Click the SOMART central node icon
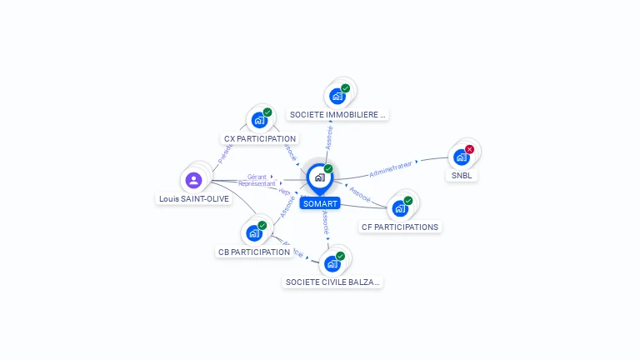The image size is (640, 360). (x=318, y=177)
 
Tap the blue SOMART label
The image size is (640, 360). (x=320, y=203)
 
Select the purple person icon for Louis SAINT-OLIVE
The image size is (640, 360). (x=194, y=179)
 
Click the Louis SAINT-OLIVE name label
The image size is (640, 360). (x=194, y=199)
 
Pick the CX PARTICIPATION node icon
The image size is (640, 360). (x=258, y=119)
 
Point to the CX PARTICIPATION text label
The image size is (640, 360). (x=260, y=138)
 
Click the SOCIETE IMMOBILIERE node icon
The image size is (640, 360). (x=337, y=95)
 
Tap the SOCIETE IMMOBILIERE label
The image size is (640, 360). (x=337, y=114)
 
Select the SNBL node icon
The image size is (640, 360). (x=461, y=157)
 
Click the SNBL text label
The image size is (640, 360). (x=461, y=176)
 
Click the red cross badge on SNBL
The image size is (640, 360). (x=469, y=149)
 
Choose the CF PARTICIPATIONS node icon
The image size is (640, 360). (x=400, y=207)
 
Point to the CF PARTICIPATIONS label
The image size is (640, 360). (x=400, y=227)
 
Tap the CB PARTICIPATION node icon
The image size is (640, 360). (x=253, y=232)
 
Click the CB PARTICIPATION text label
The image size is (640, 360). (x=254, y=252)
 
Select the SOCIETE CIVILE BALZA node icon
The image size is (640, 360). (x=332, y=263)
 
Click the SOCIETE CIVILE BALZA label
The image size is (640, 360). (x=332, y=282)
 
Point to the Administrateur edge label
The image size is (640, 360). (x=391, y=169)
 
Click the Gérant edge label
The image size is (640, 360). (x=257, y=177)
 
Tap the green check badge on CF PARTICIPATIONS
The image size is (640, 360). (x=408, y=200)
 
